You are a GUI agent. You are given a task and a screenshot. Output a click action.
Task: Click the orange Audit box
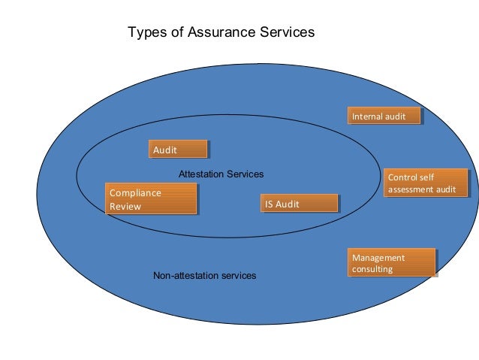click(178, 150)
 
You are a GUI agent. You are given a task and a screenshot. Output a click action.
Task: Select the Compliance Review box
click(152, 199)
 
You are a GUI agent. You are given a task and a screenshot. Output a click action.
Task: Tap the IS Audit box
click(300, 204)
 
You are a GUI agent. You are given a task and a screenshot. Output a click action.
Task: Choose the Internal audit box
click(384, 116)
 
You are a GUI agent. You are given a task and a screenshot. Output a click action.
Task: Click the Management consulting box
click(391, 263)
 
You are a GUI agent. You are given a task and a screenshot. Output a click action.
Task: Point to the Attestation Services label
click(221, 174)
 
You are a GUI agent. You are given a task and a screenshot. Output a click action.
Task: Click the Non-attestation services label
click(204, 276)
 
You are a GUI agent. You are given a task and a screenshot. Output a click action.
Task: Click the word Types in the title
click(145, 32)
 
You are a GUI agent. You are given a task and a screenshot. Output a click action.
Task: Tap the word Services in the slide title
click(287, 32)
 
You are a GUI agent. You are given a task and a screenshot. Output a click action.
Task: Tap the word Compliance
click(135, 193)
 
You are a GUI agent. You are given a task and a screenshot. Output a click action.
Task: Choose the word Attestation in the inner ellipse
click(200, 174)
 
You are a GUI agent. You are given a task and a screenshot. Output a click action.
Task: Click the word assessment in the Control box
click(411, 189)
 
